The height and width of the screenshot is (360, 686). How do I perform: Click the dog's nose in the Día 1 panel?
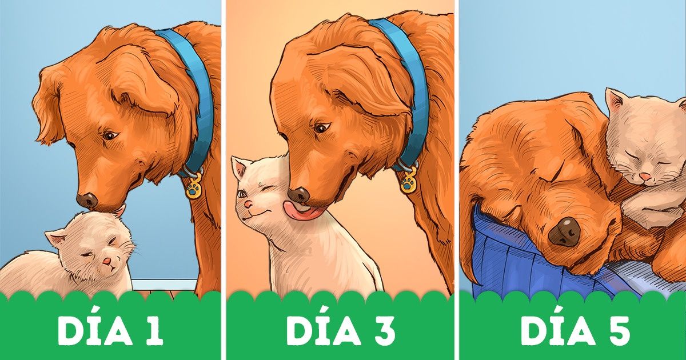click(x=87, y=201)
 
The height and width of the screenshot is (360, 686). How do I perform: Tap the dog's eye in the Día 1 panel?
click(x=110, y=135)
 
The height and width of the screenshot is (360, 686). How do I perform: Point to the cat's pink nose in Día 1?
click(x=106, y=261)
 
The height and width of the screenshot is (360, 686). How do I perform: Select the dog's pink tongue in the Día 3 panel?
click(x=302, y=210)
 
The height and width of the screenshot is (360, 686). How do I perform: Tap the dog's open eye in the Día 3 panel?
click(x=321, y=127)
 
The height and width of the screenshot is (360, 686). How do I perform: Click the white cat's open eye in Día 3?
click(x=242, y=194)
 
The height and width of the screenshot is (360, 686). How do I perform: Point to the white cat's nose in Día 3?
click(x=249, y=203)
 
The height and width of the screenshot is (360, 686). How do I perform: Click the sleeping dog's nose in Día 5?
click(x=564, y=232)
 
